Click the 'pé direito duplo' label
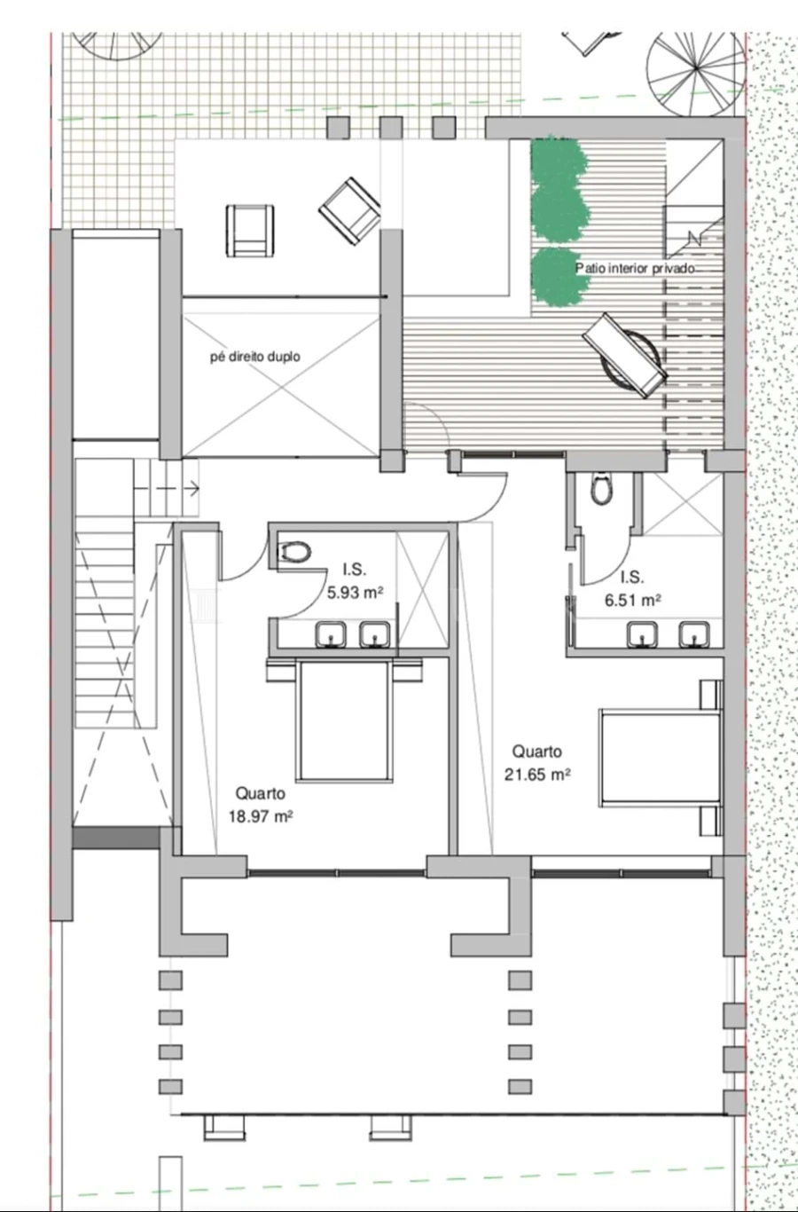pos(255,357)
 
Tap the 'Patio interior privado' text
pos(635,268)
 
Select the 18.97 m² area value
pos(261,816)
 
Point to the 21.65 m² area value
pos(537,775)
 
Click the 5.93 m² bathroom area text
pos(355,593)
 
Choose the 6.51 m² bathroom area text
pos(632,600)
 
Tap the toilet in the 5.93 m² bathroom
pos(294,553)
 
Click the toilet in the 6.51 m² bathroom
pos(600,488)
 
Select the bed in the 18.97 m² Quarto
pos(344,720)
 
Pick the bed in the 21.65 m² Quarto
pos(661,759)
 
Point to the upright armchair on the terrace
pos(250,231)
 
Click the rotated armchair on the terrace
pos(350,211)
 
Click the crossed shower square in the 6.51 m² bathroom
pos(684,504)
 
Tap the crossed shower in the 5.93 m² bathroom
pos(423,589)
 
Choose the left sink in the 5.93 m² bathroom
pos(331,634)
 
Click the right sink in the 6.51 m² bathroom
pos(693,634)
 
